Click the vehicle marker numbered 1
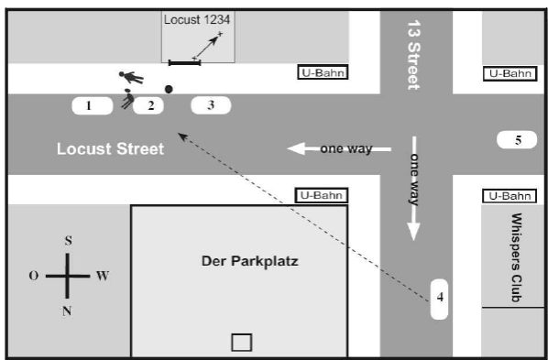(93, 106)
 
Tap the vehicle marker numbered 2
(148, 105)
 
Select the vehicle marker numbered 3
(211, 105)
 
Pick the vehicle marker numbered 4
(439, 300)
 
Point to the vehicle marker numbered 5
(517, 140)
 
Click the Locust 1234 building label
(197, 19)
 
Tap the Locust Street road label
(111, 149)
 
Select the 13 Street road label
(414, 55)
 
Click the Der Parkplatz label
(250, 261)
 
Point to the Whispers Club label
(517, 257)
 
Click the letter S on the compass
(69, 241)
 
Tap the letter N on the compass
(67, 311)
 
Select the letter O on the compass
(34, 276)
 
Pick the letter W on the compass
(103, 276)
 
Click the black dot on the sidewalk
(169, 89)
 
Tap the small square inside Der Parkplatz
(242, 343)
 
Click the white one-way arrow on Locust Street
(339, 149)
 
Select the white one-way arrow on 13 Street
(414, 189)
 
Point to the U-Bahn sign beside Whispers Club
(510, 196)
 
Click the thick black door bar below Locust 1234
(184, 63)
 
